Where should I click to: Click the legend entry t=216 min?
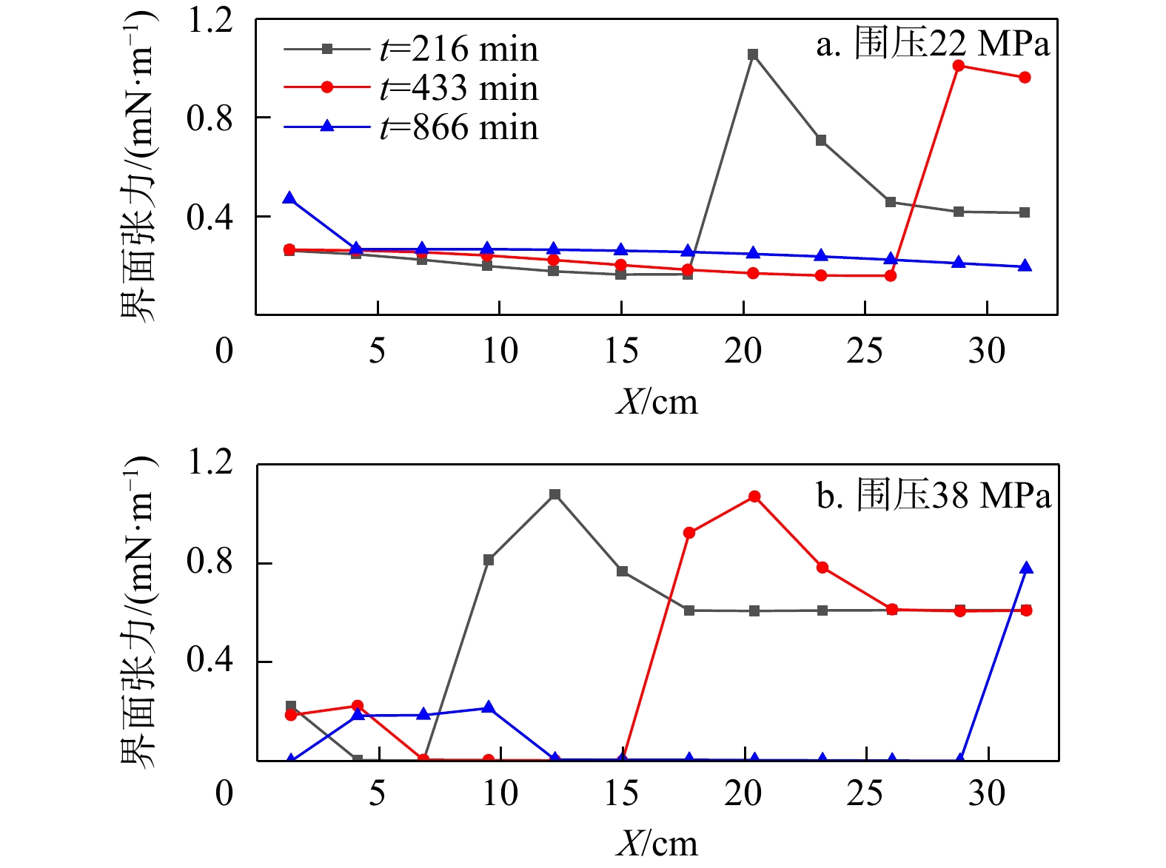click(x=411, y=50)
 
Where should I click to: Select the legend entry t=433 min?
click(x=411, y=88)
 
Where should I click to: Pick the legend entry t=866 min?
click(x=411, y=127)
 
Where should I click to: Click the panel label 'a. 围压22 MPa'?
click(x=933, y=44)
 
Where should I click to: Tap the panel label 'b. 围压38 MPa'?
click(x=934, y=495)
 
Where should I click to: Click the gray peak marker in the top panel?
click(x=753, y=54)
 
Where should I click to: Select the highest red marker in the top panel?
click(x=959, y=66)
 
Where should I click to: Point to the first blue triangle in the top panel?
click(x=289, y=198)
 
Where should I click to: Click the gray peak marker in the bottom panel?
click(x=554, y=494)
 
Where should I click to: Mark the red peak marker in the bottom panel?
click(x=754, y=497)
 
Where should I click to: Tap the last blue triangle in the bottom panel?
click(x=1026, y=568)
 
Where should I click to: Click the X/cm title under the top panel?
click(x=657, y=402)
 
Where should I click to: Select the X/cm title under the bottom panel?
click(x=657, y=844)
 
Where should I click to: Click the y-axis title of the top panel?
click(x=138, y=166)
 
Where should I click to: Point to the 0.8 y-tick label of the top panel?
click(x=210, y=118)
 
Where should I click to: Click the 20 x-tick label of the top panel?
click(x=743, y=350)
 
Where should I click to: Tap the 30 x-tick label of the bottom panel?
click(x=987, y=793)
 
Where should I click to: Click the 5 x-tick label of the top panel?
click(x=378, y=350)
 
